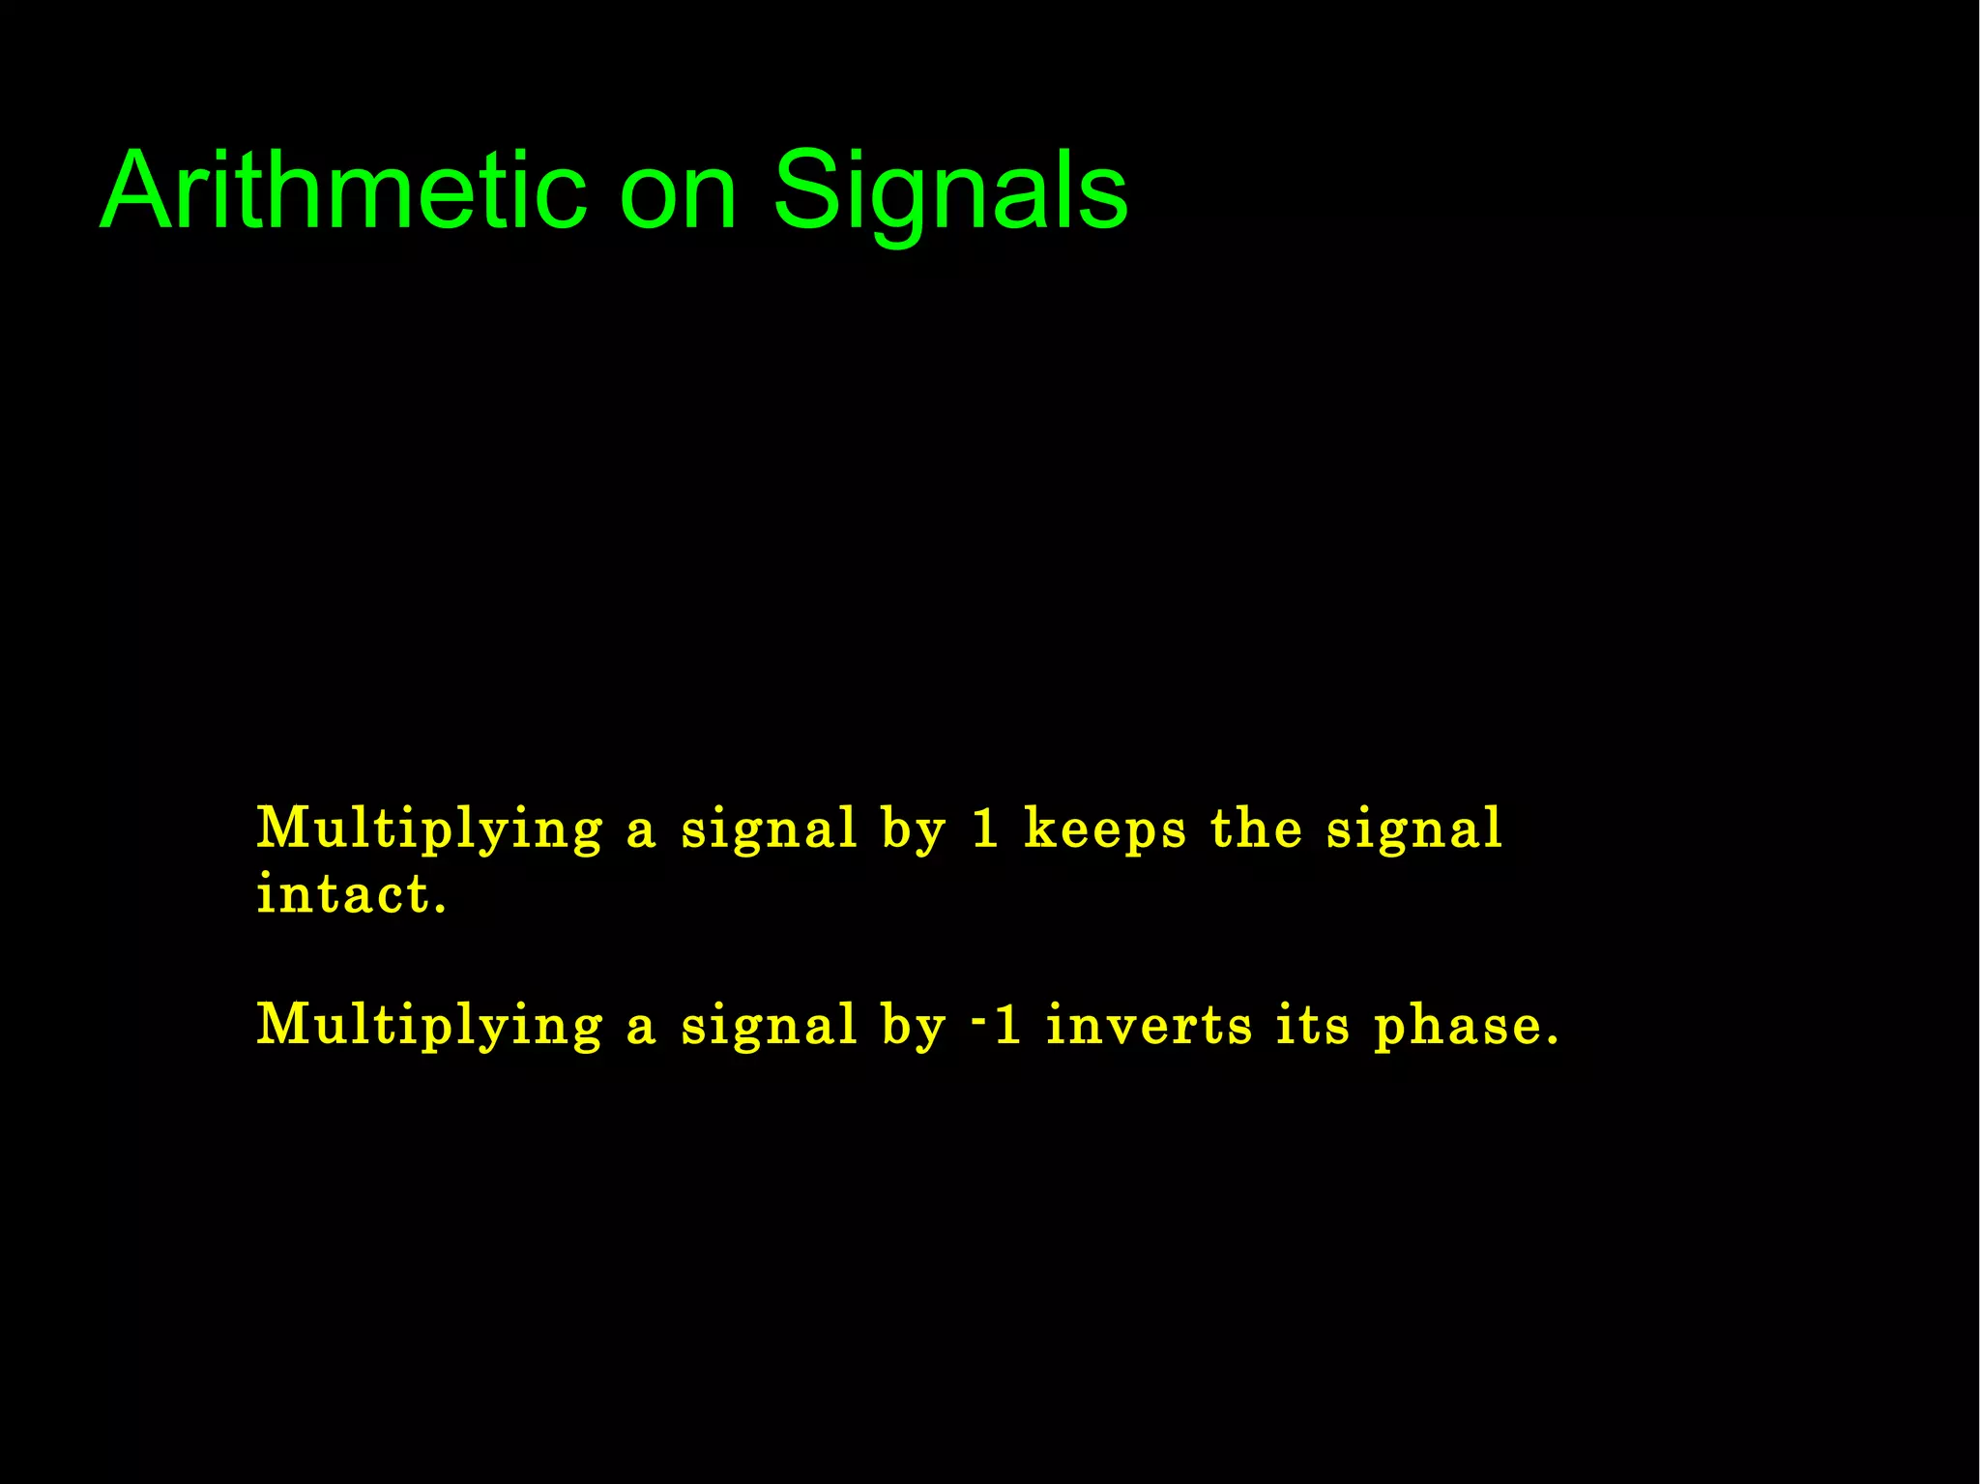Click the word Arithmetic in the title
pyautogui.click(x=343, y=190)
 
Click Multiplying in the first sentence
pyautogui.click(x=429, y=829)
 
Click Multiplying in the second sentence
pyautogui.click(x=429, y=1025)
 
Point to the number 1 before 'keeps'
pyautogui.click(x=984, y=829)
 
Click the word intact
pyautogui.click(x=343, y=894)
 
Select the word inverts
pyautogui.click(x=1150, y=1025)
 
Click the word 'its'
pyautogui.click(x=1312, y=1025)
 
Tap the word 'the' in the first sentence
pyautogui.click(x=1256, y=829)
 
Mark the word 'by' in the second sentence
pyautogui.click(x=913, y=1027)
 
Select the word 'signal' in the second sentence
pyautogui.click(x=769, y=1027)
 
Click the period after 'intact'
pyautogui.click(x=441, y=910)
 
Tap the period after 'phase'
pyautogui.click(x=1553, y=1041)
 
